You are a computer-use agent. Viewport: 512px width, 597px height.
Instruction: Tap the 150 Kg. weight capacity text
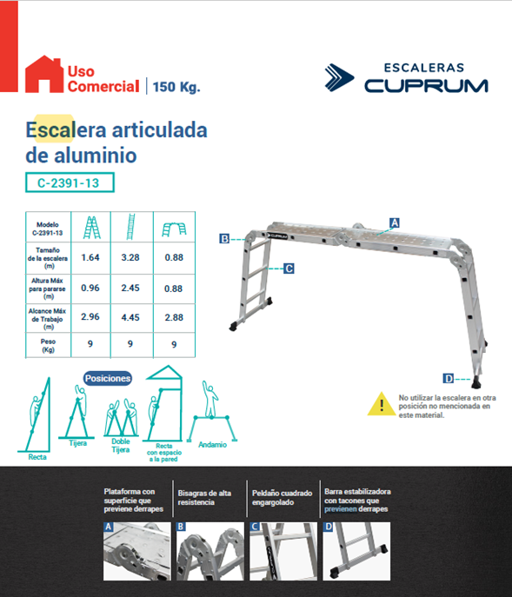click(x=176, y=87)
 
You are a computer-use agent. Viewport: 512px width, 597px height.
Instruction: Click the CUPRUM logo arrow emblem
click(x=341, y=77)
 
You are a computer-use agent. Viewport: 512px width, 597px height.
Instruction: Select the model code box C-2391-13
click(x=70, y=183)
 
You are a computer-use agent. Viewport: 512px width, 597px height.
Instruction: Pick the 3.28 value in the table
click(x=130, y=257)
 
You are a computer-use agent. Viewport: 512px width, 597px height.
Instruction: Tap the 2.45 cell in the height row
click(x=130, y=288)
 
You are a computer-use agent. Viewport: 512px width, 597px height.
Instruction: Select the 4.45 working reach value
click(x=130, y=318)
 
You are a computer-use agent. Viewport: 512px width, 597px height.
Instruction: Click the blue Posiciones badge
click(x=109, y=378)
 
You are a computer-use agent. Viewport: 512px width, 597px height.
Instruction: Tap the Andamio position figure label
click(x=211, y=444)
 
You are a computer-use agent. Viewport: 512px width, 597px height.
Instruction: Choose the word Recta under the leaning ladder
click(x=37, y=455)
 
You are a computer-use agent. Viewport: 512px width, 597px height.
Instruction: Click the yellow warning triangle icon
click(x=380, y=404)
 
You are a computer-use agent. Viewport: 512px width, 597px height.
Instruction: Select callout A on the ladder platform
click(x=394, y=222)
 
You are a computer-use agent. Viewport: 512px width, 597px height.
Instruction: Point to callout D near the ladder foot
click(x=448, y=378)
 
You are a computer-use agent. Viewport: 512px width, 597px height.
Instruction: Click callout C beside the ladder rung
click(x=289, y=269)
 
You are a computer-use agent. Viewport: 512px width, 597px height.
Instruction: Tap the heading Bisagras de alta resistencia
click(x=204, y=498)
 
